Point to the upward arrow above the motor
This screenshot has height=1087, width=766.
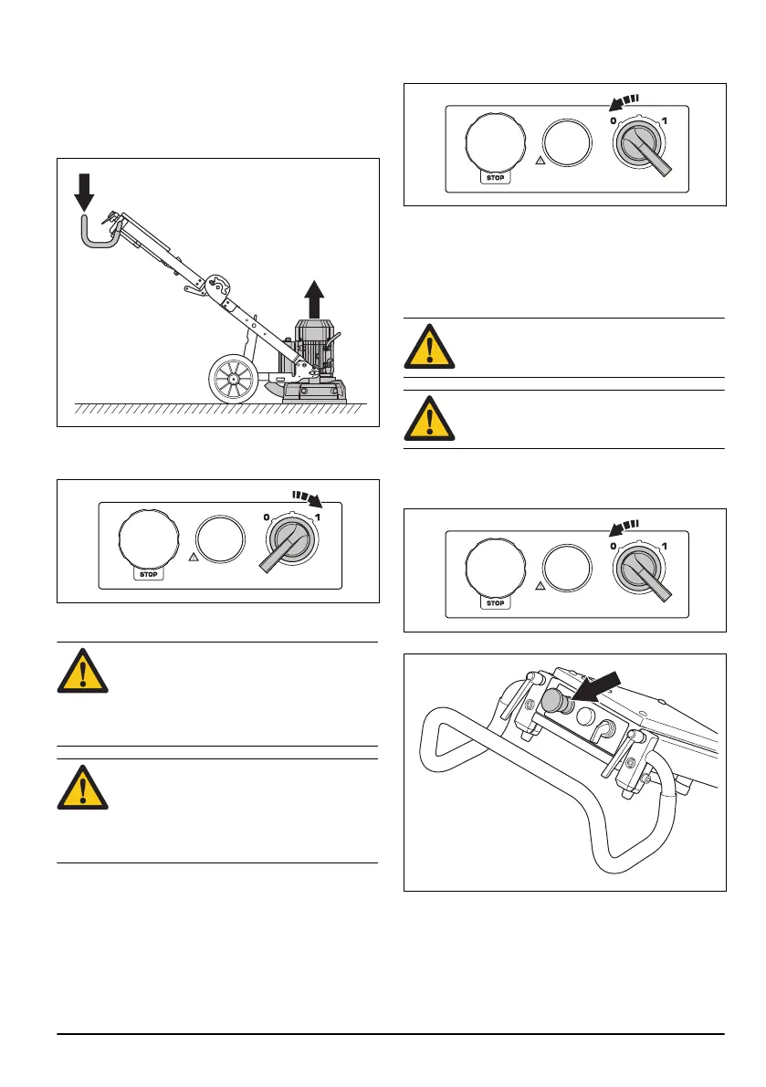tap(313, 298)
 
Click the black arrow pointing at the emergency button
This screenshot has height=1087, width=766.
tap(603, 685)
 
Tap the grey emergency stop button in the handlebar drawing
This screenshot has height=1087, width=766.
tap(554, 702)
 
